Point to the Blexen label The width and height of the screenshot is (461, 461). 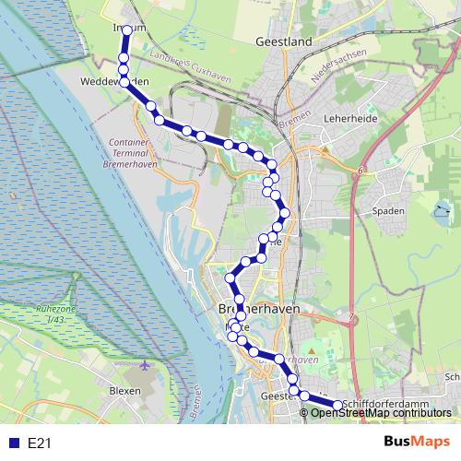point(124,390)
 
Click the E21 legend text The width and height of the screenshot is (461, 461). point(39,443)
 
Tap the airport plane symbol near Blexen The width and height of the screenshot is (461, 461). point(146,366)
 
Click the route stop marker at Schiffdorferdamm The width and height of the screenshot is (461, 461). point(337,405)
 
